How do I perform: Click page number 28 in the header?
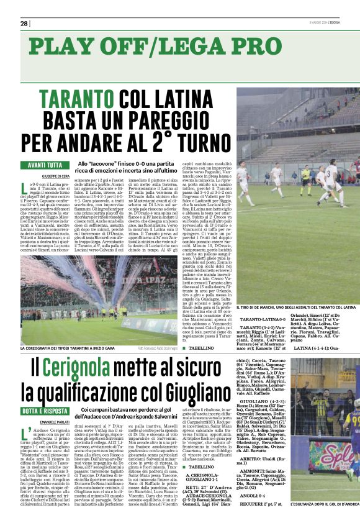click(x=24, y=24)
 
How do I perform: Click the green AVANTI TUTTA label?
click(x=45, y=165)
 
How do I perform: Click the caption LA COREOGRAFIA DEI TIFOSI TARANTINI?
click(x=70, y=348)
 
